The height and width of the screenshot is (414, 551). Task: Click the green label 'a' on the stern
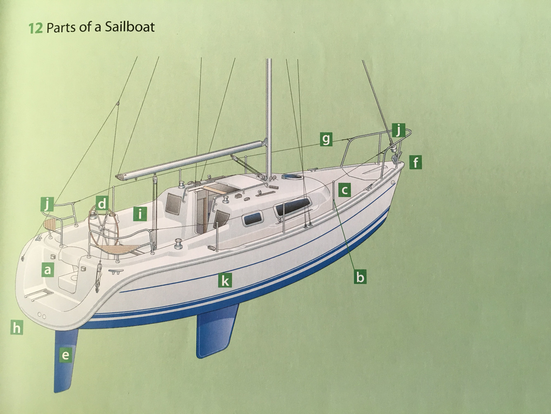point(48,270)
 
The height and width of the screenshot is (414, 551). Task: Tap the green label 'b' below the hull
point(360,276)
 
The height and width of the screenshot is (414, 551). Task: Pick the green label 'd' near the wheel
point(102,203)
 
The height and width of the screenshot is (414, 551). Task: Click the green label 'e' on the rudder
point(65,354)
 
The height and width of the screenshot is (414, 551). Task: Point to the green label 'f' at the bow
point(416,162)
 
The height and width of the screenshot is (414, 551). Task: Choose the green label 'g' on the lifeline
point(326,139)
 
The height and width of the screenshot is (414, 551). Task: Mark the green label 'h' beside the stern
point(17,328)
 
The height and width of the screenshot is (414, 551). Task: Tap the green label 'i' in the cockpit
point(140,214)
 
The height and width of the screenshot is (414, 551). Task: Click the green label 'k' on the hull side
point(225,281)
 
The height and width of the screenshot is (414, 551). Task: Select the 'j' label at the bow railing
point(398,130)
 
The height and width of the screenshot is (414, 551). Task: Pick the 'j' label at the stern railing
point(48,204)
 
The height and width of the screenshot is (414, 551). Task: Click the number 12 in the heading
point(35,29)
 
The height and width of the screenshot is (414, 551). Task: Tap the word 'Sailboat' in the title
point(129,27)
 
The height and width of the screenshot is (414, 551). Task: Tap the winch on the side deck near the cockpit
point(179,243)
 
